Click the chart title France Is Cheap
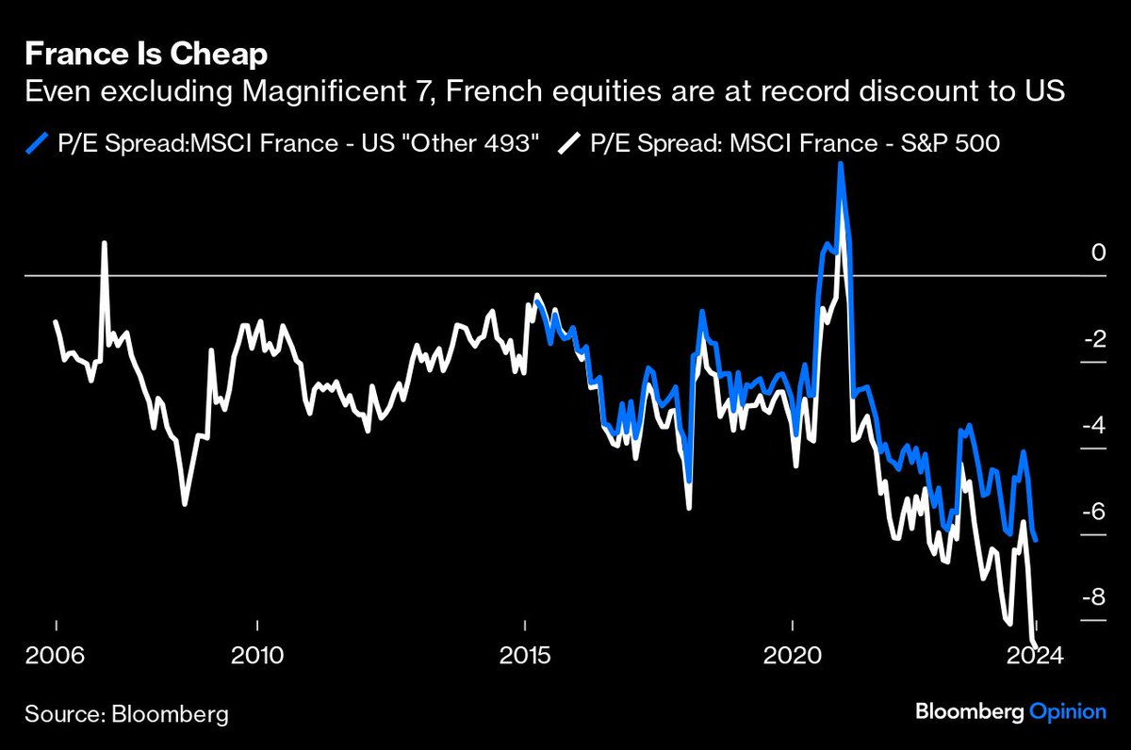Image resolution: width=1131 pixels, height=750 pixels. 146,55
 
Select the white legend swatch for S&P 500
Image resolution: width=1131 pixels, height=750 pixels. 569,143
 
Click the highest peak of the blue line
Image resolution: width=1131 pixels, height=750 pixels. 839,166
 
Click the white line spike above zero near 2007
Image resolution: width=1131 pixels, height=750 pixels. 105,243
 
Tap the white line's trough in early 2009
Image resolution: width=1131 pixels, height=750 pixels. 185,504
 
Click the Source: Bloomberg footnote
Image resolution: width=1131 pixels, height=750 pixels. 126,713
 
